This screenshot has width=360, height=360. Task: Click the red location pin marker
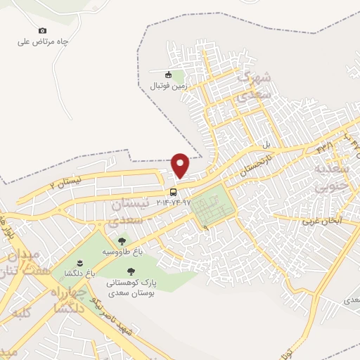(x=181, y=165)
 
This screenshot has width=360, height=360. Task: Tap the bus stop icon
(x=172, y=192)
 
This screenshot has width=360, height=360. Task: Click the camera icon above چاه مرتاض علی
(x=42, y=30)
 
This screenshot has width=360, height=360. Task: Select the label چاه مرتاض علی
(x=43, y=41)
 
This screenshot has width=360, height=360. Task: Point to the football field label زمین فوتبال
(x=167, y=86)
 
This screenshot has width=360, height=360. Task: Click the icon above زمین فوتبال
(x=167, y=75)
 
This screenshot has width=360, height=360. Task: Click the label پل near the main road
(x=266, y=145)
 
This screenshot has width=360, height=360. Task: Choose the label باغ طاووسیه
(x=117, y=252)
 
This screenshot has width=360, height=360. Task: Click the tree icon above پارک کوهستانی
(x=129, y=271)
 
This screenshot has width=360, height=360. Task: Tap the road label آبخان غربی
(x=321, y=220)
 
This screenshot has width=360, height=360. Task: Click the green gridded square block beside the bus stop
(x=212, y=207)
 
